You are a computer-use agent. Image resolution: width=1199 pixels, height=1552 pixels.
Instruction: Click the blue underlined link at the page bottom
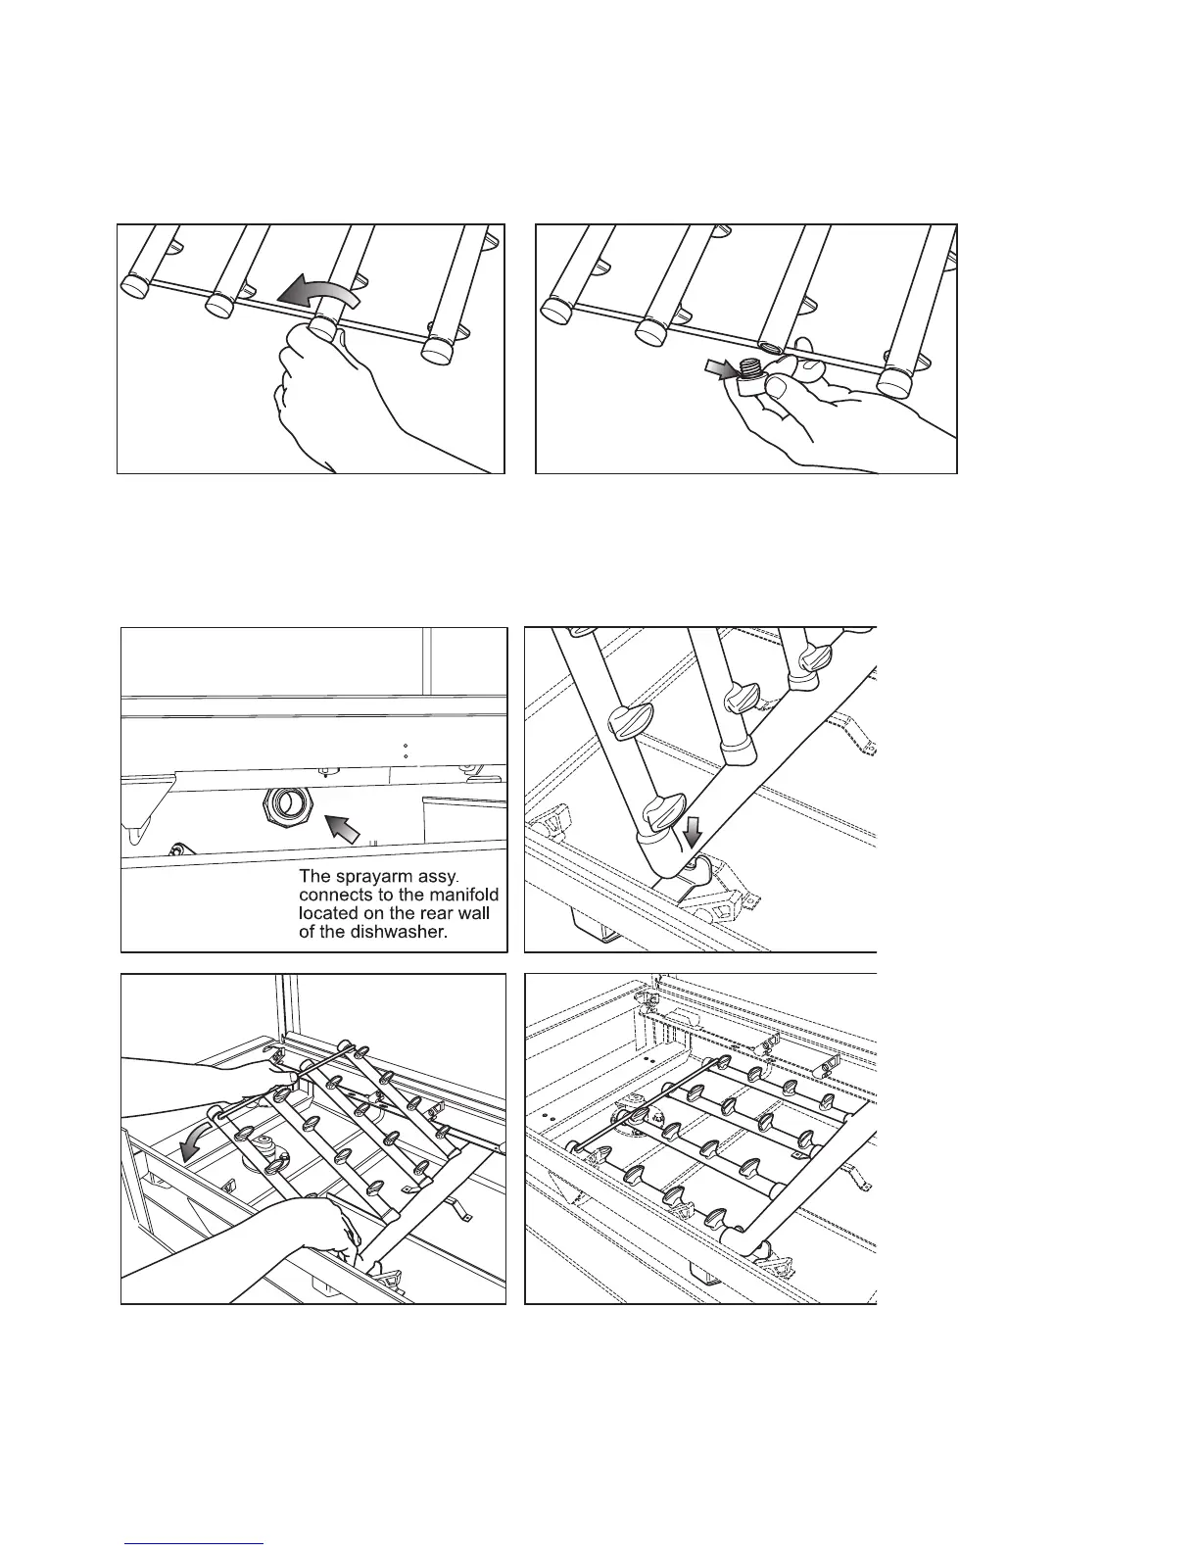pyautogui.click(x=195, y=1543)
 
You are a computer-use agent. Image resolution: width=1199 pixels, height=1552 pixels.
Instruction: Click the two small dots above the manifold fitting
pyautogui.click(x=406, y=752)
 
